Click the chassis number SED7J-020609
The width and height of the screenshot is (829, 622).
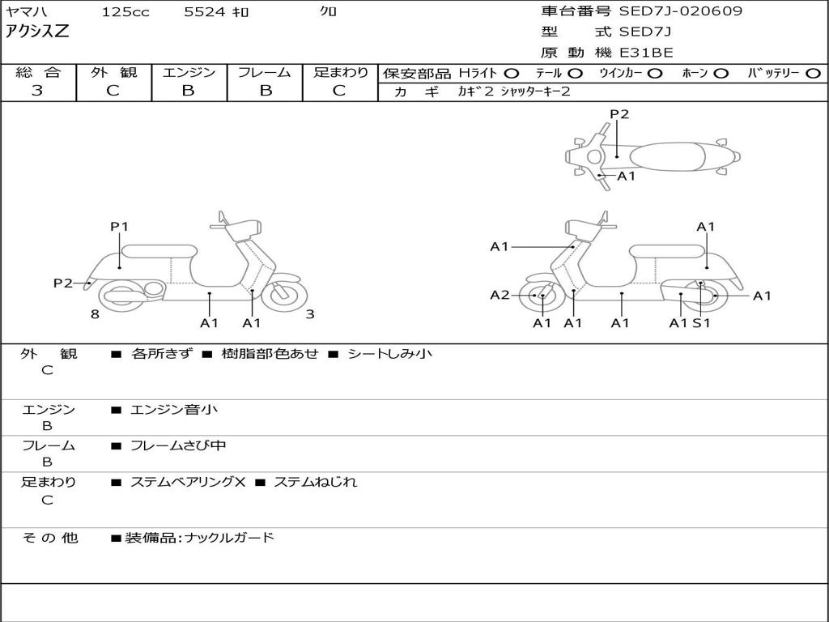[x=680, y=11]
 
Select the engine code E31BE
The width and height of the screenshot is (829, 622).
[x=645, y=53]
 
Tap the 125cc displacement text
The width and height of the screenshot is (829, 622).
[x=125, y=12]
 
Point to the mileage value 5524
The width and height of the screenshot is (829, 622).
[x=204, y=12]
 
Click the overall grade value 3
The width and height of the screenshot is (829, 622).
[x=37, y=91]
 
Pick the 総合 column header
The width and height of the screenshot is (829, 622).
[x=38, y=73]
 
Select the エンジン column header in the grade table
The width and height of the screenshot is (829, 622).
[x=189, y=73]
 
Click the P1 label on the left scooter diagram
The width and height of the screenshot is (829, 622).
[x=120, y=227]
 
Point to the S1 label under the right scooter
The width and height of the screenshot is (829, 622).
[x=701, y=323]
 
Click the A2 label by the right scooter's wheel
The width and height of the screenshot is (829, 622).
[x=500, y=295]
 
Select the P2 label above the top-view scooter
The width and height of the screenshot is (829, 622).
[x=619, y=114]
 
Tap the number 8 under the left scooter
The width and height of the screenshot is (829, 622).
[x=95, y=314]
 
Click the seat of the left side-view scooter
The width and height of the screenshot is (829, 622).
[x=159, y=250]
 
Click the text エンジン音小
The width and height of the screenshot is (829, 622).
[x=174, y=410]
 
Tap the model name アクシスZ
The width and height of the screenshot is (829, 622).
[x=38, y=32]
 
